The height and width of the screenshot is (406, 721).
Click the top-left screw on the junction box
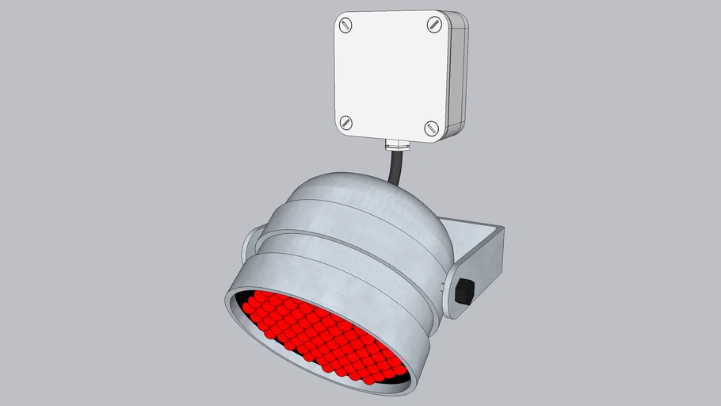pos(346,25)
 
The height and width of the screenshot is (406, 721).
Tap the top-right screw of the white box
pos(433,25)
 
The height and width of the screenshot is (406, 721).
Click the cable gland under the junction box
pos(396,145)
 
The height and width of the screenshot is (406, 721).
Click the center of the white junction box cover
pos(390,75)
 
